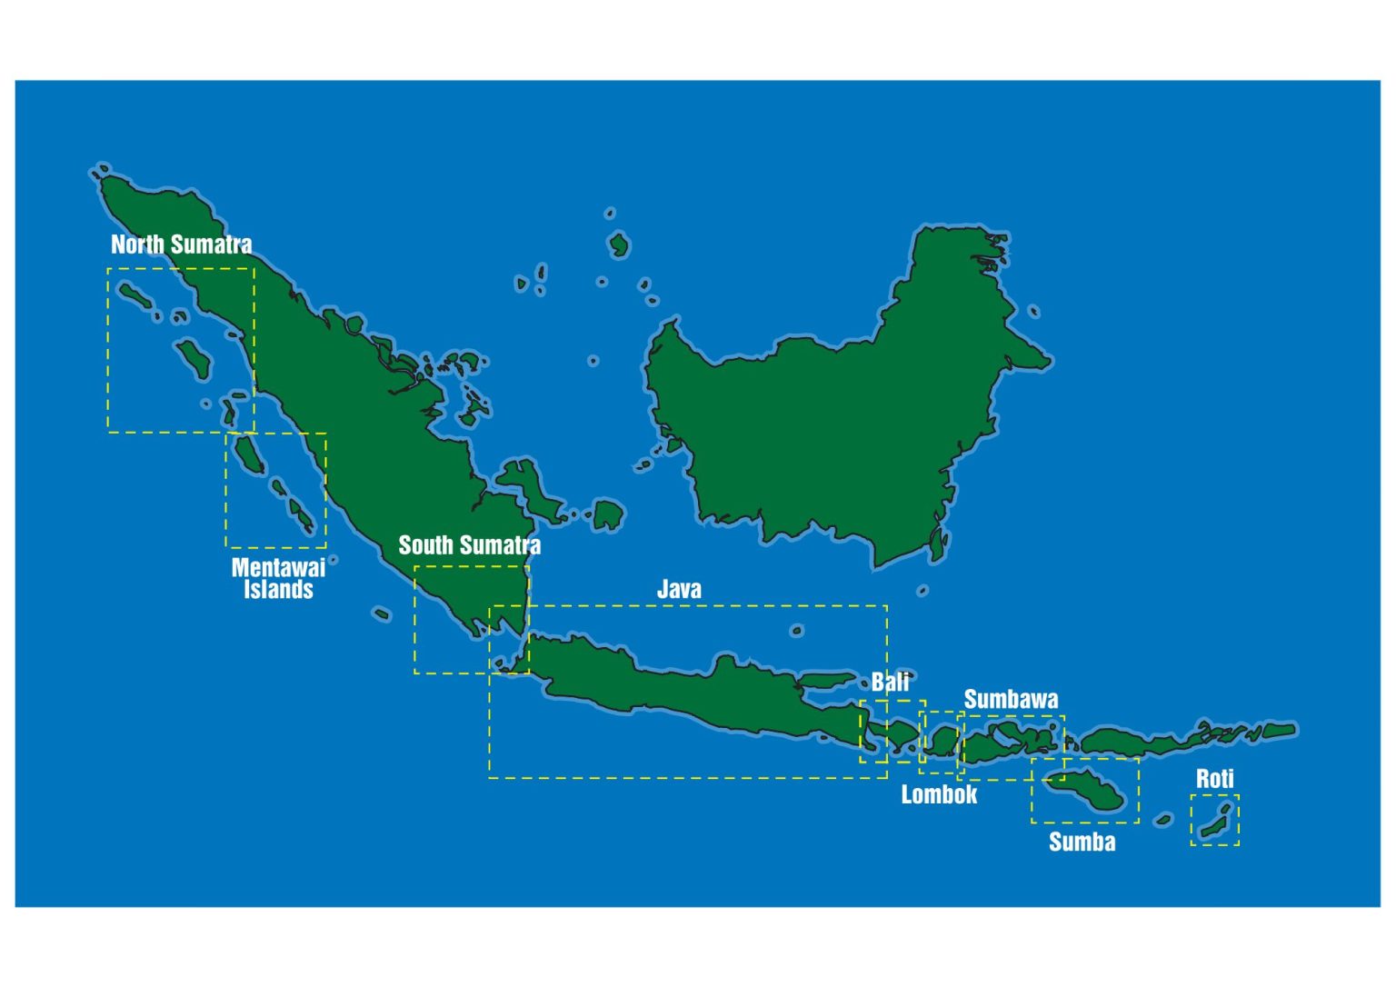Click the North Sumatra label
pos(181,244)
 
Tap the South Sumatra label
pos(469,545)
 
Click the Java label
pos(679,590)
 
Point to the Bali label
pos(890,683)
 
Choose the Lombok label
pos(939,795)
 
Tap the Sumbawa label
pos(1011,700)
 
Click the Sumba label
pos(1082,842)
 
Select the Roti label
pos(1214,779)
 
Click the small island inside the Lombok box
pos(942,742)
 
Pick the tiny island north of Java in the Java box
pos(797,631)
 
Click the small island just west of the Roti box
pos(1163,820)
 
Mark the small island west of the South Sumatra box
pos(382,614)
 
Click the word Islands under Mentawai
pos(278,591)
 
